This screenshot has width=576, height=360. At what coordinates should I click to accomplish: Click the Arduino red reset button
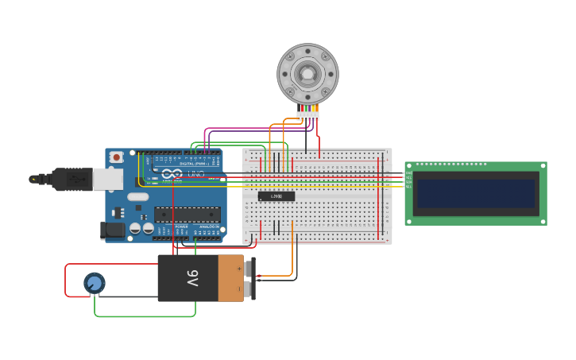click(x=117, y=157)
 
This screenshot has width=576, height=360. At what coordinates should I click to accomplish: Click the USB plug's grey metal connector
click(x=107, y=179)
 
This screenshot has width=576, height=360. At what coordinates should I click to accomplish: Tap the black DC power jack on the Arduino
click(x=114, y=230)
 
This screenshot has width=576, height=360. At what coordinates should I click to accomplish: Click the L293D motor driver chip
click(x=276, y=196)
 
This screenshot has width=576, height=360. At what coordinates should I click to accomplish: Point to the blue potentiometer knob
click(x=94, y=283)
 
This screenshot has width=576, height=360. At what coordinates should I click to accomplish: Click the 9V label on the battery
click(x=192, y=278)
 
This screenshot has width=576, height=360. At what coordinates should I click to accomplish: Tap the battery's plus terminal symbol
click(x=239, y=269)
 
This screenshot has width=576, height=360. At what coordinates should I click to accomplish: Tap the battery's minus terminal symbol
click(x=239, y=288)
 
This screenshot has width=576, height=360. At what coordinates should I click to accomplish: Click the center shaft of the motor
click(x=307, y=74)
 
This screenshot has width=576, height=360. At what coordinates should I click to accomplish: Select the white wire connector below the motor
click(x=308, y=116)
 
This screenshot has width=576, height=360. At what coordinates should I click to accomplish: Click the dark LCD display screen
click(x=476, y=193)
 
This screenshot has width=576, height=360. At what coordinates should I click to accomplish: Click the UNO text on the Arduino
click(x=196, y=174)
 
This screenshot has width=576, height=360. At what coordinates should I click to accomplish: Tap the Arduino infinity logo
click(x=172, y=174)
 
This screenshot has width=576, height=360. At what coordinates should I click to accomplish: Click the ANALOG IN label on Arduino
click(x=209, y=226)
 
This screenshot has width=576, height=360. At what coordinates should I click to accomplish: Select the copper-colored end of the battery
click(x=231, y=278)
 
